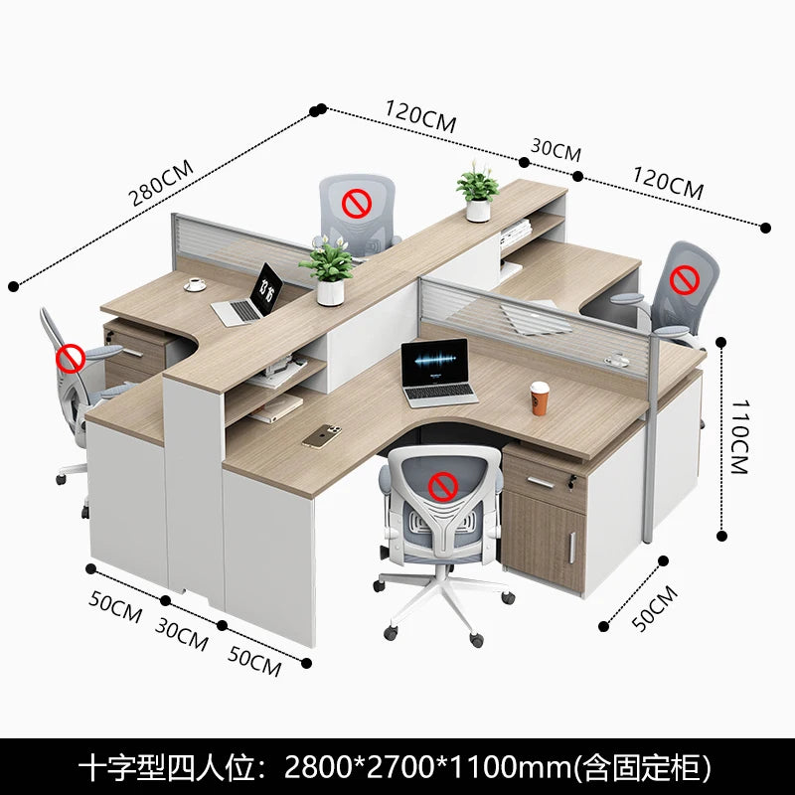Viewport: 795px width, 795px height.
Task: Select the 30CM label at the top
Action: click(x=556, y=150)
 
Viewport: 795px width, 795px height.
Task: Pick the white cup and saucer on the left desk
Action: click(x=195, y=284)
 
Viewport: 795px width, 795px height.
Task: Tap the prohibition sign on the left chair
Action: click(x=71, y=358)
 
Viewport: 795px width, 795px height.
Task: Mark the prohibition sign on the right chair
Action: click(x=682, y=279)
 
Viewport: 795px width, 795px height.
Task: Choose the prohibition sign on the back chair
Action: click(x=356, y=205)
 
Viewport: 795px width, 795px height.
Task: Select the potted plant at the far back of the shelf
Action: click(x=478, y=193)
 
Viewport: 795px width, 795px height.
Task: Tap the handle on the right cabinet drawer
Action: click(x=542, y=481)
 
